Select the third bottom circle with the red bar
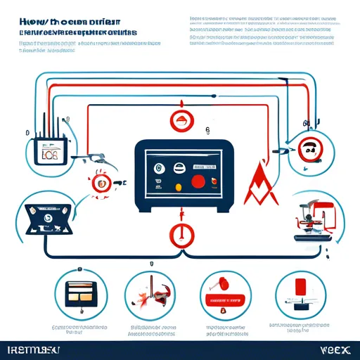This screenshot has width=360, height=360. click(222, 294)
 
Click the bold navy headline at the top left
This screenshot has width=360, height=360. click(69, 27)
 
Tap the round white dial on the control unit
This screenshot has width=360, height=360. click(158, 168)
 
